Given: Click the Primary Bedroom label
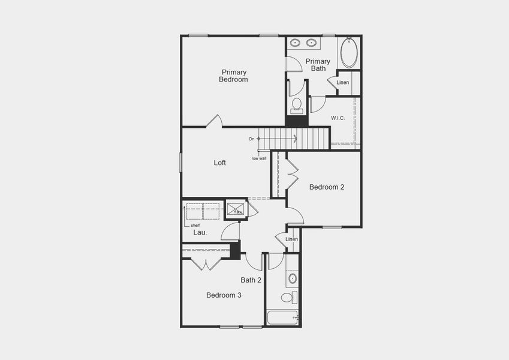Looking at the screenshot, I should (x=233, y=76).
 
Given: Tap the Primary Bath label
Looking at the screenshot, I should (x=318, y=65).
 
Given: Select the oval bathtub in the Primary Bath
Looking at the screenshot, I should (x=349, y=53).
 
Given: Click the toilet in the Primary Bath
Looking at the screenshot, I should (x=296, y=106).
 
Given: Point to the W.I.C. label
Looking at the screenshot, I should (x=338, y=118).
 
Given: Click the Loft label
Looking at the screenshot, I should (x=220, y=163).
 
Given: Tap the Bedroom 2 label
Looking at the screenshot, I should (x=327, y=187).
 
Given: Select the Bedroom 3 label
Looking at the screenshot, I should (x=224, y=295).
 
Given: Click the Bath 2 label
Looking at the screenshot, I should (x=251, y=280).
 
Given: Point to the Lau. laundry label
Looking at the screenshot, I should (x=200, y=232).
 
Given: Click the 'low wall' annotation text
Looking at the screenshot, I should (x=259, y=158).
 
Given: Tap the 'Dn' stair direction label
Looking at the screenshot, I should (x=252, y=139).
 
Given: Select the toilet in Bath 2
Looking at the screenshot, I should (x=288, y=298).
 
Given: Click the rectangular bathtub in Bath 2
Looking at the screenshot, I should (x=282, y=317).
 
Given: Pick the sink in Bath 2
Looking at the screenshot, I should (x=292, y=278).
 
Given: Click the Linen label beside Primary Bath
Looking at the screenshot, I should (x=342, y=83).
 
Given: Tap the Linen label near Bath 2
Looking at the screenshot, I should (x=291, y=239).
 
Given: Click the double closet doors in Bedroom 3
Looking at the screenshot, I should (x=206, y=263).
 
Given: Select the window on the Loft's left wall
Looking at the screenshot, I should (x=181, y=163).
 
